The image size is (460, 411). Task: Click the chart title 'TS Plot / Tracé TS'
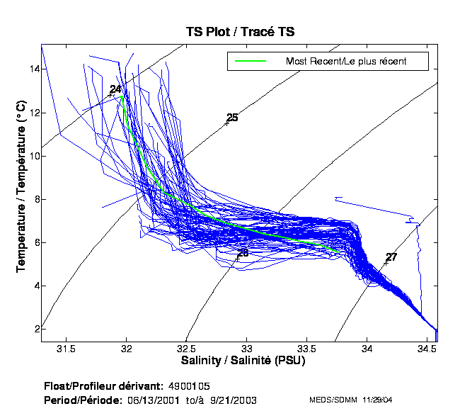(239, 31)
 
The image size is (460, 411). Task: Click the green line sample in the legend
(249, 61)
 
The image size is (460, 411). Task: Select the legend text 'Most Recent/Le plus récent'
(345, 61)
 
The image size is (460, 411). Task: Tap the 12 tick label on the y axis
(33, 113)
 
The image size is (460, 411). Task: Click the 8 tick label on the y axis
(35, 199)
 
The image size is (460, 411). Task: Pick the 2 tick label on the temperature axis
(35, 329)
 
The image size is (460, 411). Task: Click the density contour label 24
(115, 89)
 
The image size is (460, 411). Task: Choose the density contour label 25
(232, 118)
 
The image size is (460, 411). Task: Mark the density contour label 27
(391, 257)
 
